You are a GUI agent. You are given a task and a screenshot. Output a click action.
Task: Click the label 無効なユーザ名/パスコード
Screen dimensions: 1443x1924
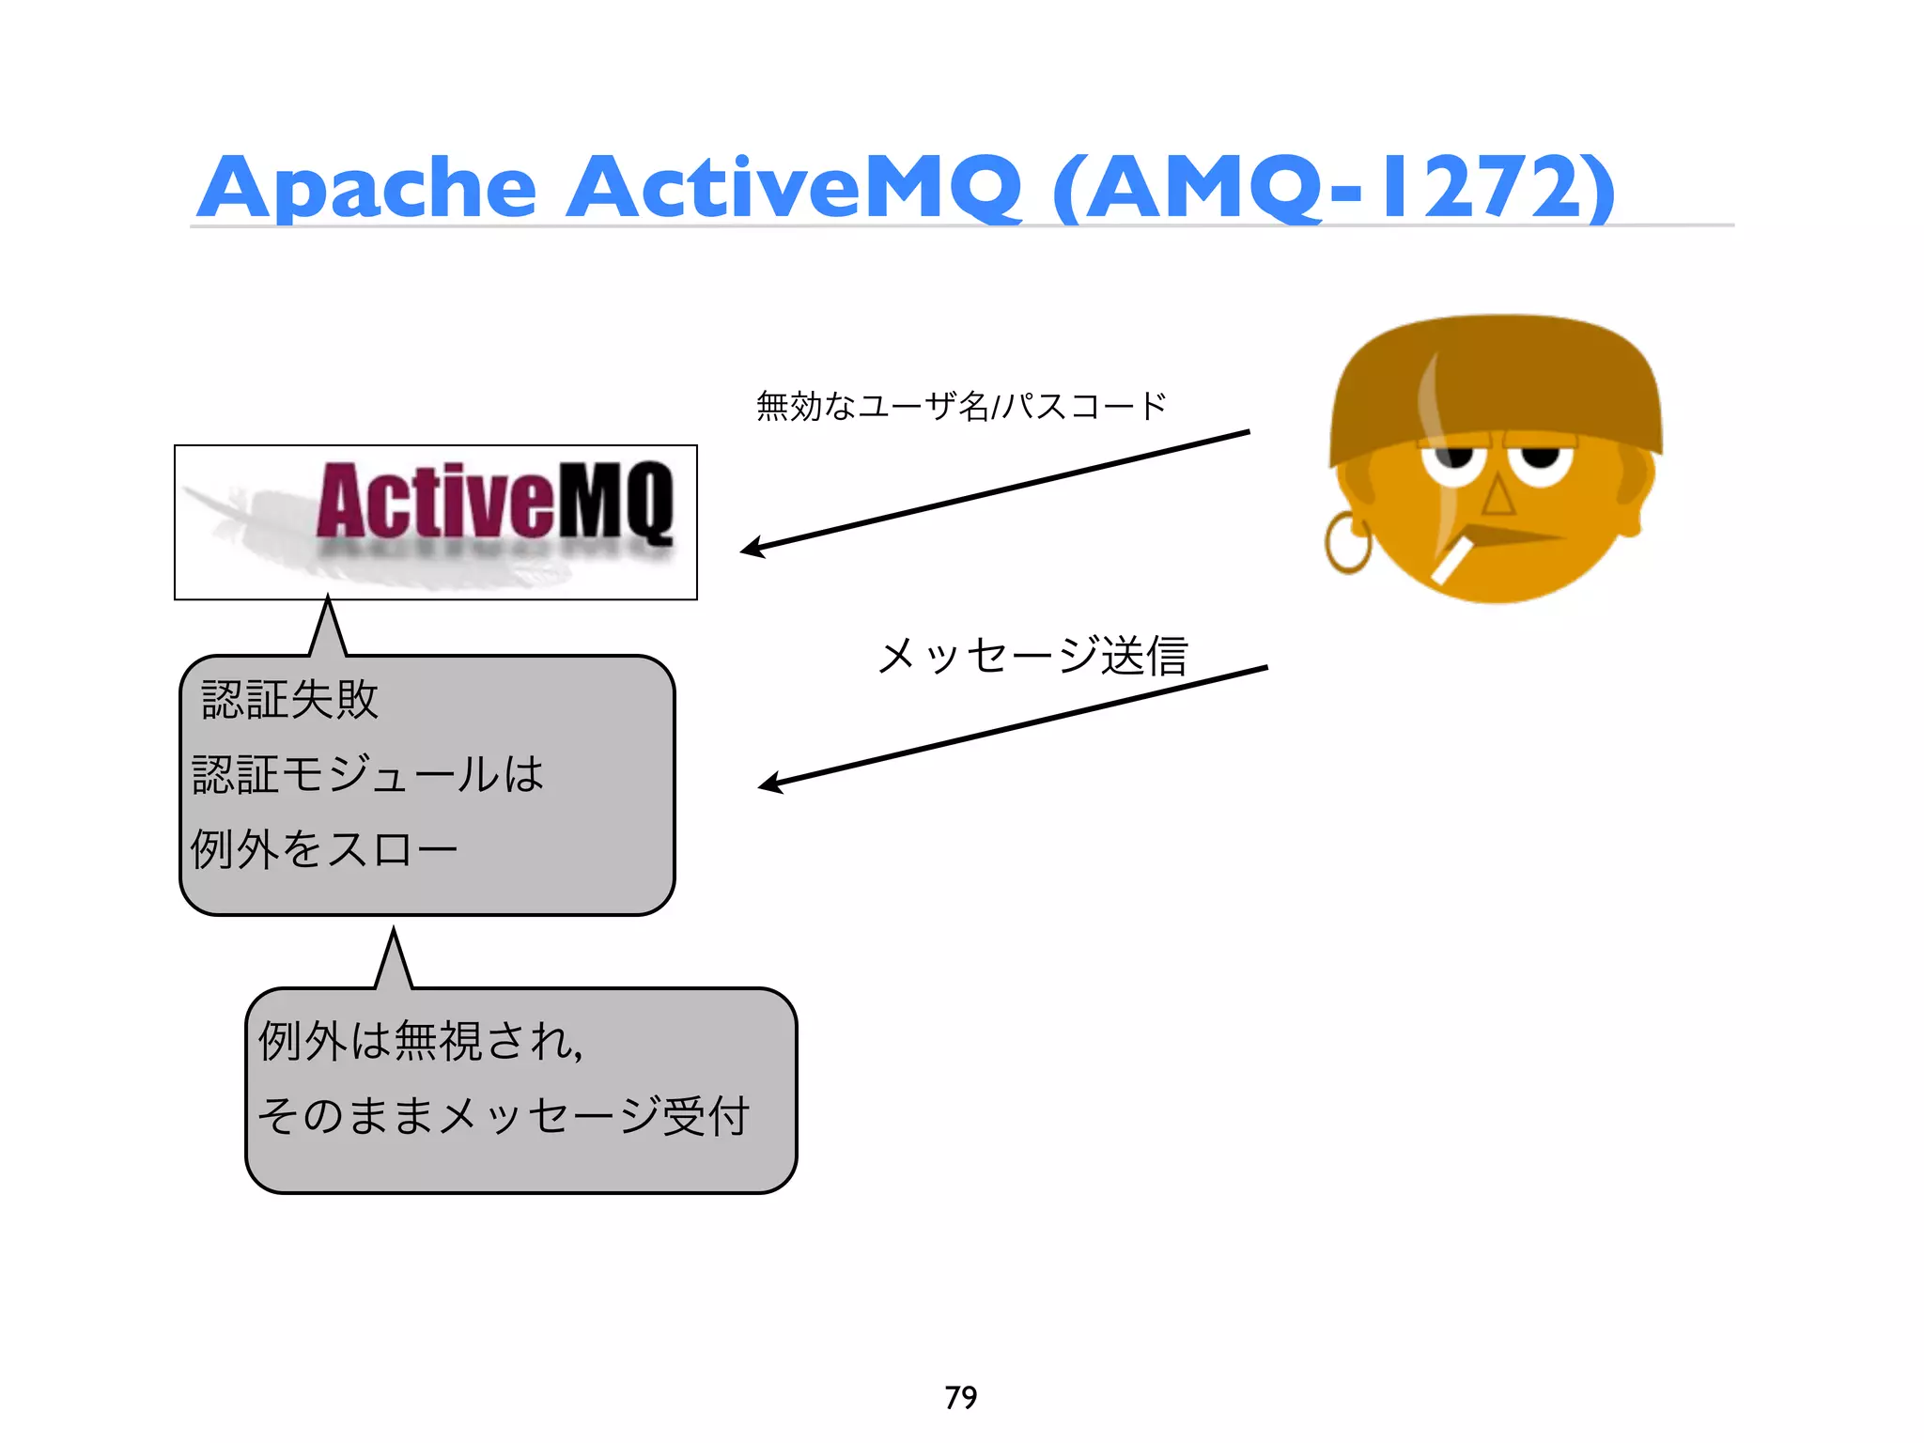[x=961, y=407]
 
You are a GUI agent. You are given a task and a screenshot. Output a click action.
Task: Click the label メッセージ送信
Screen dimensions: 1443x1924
[x=1032, y=656]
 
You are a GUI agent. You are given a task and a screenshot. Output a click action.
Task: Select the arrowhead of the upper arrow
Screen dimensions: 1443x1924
[x=752, y=548]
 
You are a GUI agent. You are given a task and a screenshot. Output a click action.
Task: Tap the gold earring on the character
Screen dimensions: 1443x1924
[x=1347, y=545]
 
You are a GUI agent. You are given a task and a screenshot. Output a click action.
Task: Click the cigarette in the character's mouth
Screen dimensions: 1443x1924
[x=1451, y=561]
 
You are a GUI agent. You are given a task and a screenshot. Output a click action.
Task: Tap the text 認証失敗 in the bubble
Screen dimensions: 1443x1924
[x=289, y=700]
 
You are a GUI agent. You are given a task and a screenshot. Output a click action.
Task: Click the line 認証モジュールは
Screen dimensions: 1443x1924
[x=367, y=775]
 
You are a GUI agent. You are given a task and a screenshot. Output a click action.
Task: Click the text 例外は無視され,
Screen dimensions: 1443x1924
[x=421, y=1041]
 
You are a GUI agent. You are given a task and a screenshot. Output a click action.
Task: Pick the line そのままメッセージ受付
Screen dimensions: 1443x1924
[x=504, y=1116]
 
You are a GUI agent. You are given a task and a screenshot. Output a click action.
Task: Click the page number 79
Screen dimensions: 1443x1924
[x=961, y=1397]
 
